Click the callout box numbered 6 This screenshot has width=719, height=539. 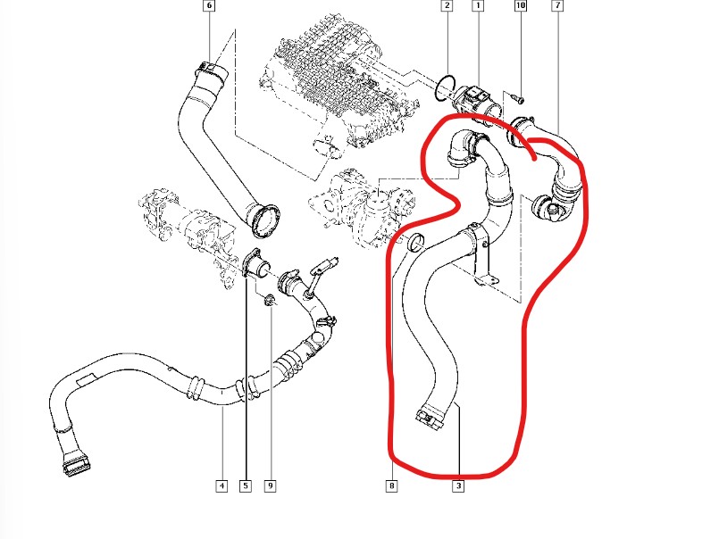[x=209, y=6]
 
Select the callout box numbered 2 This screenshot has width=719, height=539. [x=446, y=6]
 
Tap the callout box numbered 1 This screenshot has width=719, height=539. [x=477, y=6]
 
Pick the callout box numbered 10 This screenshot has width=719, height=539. [x=521, y=6]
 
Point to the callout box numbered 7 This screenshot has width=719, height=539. [x=557, y=6]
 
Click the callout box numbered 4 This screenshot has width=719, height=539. [x=220, y=486]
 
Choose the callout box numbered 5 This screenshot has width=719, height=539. [x=246, y=486]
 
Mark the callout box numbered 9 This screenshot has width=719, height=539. [x=269, y=486]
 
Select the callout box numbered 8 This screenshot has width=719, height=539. [x=391, y=486]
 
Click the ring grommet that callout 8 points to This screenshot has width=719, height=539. [x=415, y=245]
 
